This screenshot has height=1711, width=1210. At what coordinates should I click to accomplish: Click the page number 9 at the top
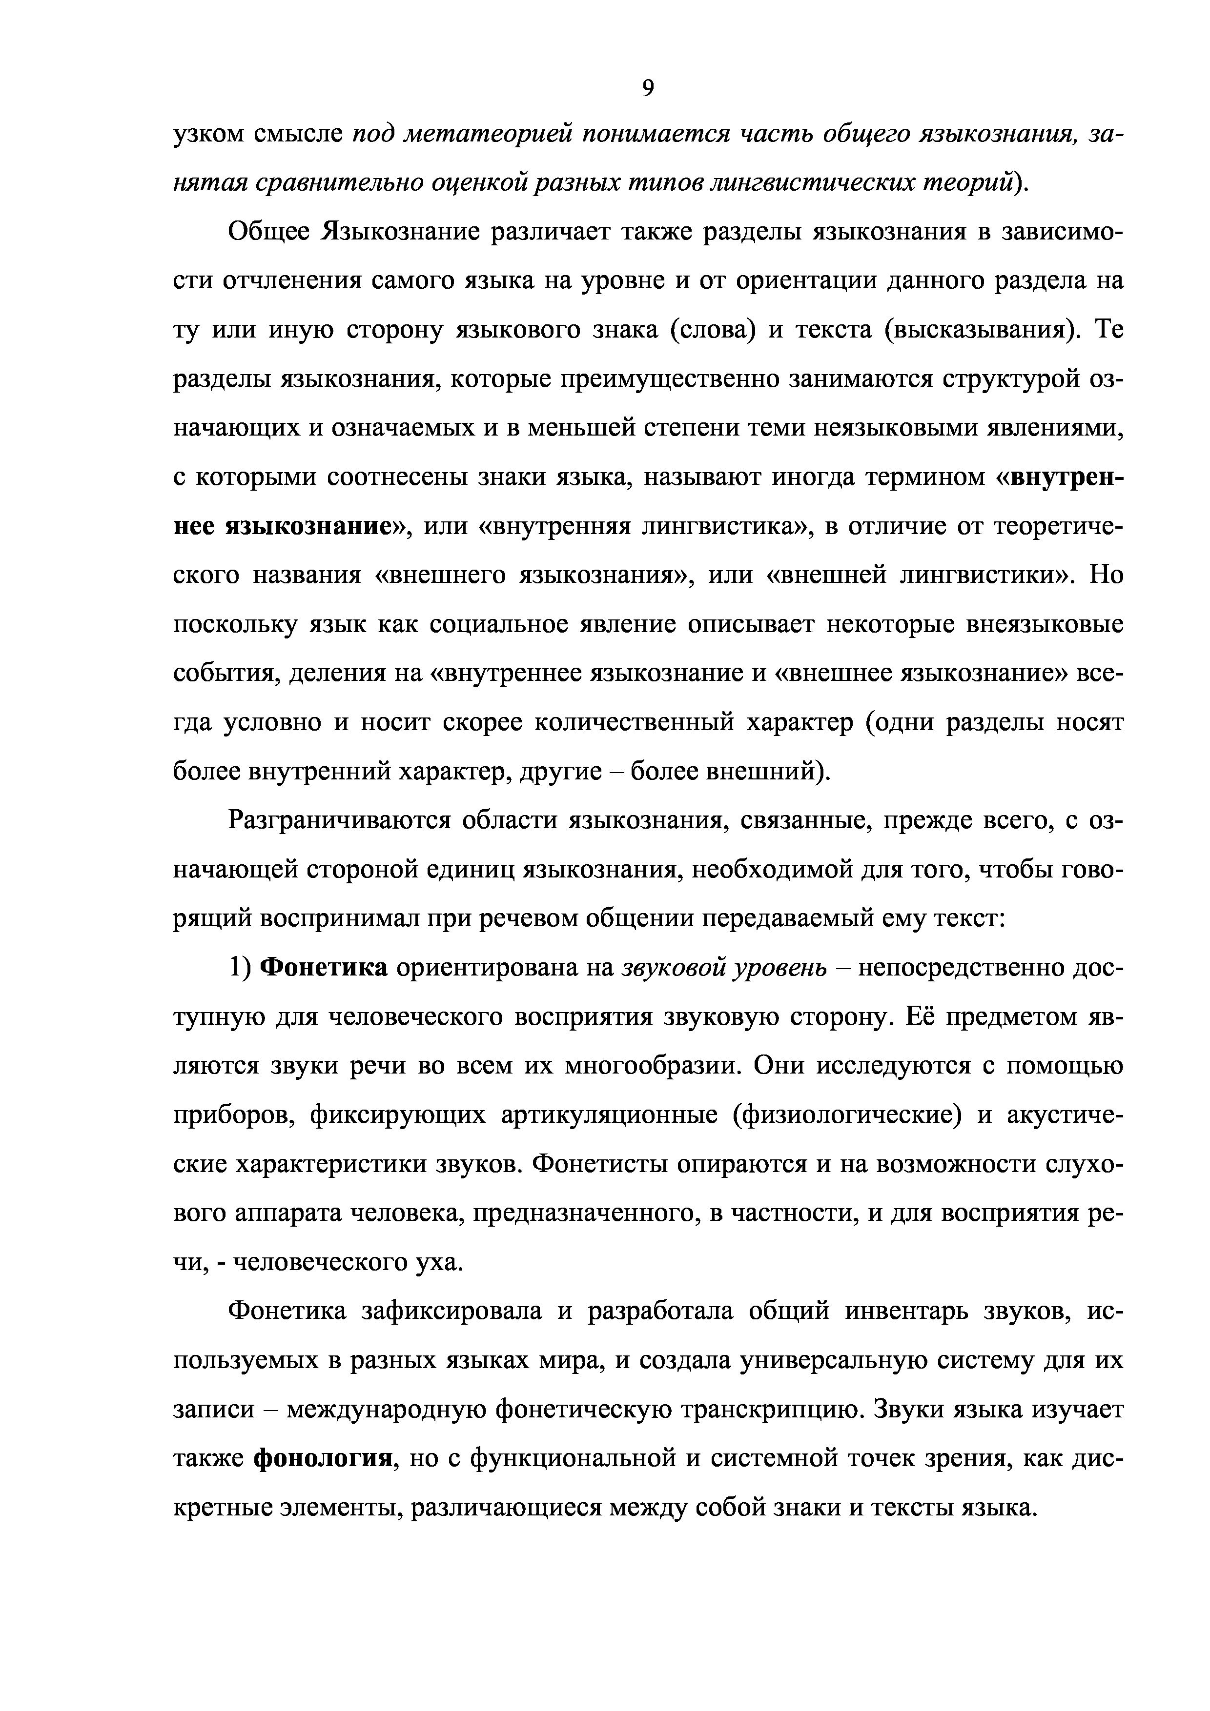pyautogui.click(x=647, y=88)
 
